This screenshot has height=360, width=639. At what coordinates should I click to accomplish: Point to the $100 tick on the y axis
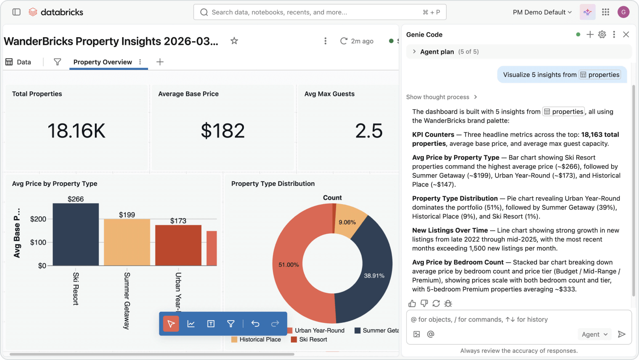[x=38, y=242]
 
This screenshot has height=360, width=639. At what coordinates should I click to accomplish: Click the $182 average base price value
[x=223, y=131]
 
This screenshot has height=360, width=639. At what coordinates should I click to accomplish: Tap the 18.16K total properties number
[x=77, y=131]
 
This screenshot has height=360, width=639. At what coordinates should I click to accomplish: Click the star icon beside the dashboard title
[x=234, y=41]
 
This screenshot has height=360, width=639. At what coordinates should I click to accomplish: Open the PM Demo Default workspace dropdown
[x=542, y=12]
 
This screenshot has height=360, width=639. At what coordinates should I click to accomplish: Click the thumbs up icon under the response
[x=412, y=303]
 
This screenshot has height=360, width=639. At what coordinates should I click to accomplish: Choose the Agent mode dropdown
[x=594, y=334]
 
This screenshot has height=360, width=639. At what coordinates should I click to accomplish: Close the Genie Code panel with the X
[x=626, y=34]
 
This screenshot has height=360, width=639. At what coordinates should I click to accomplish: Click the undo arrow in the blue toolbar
[x=255, y=324]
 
